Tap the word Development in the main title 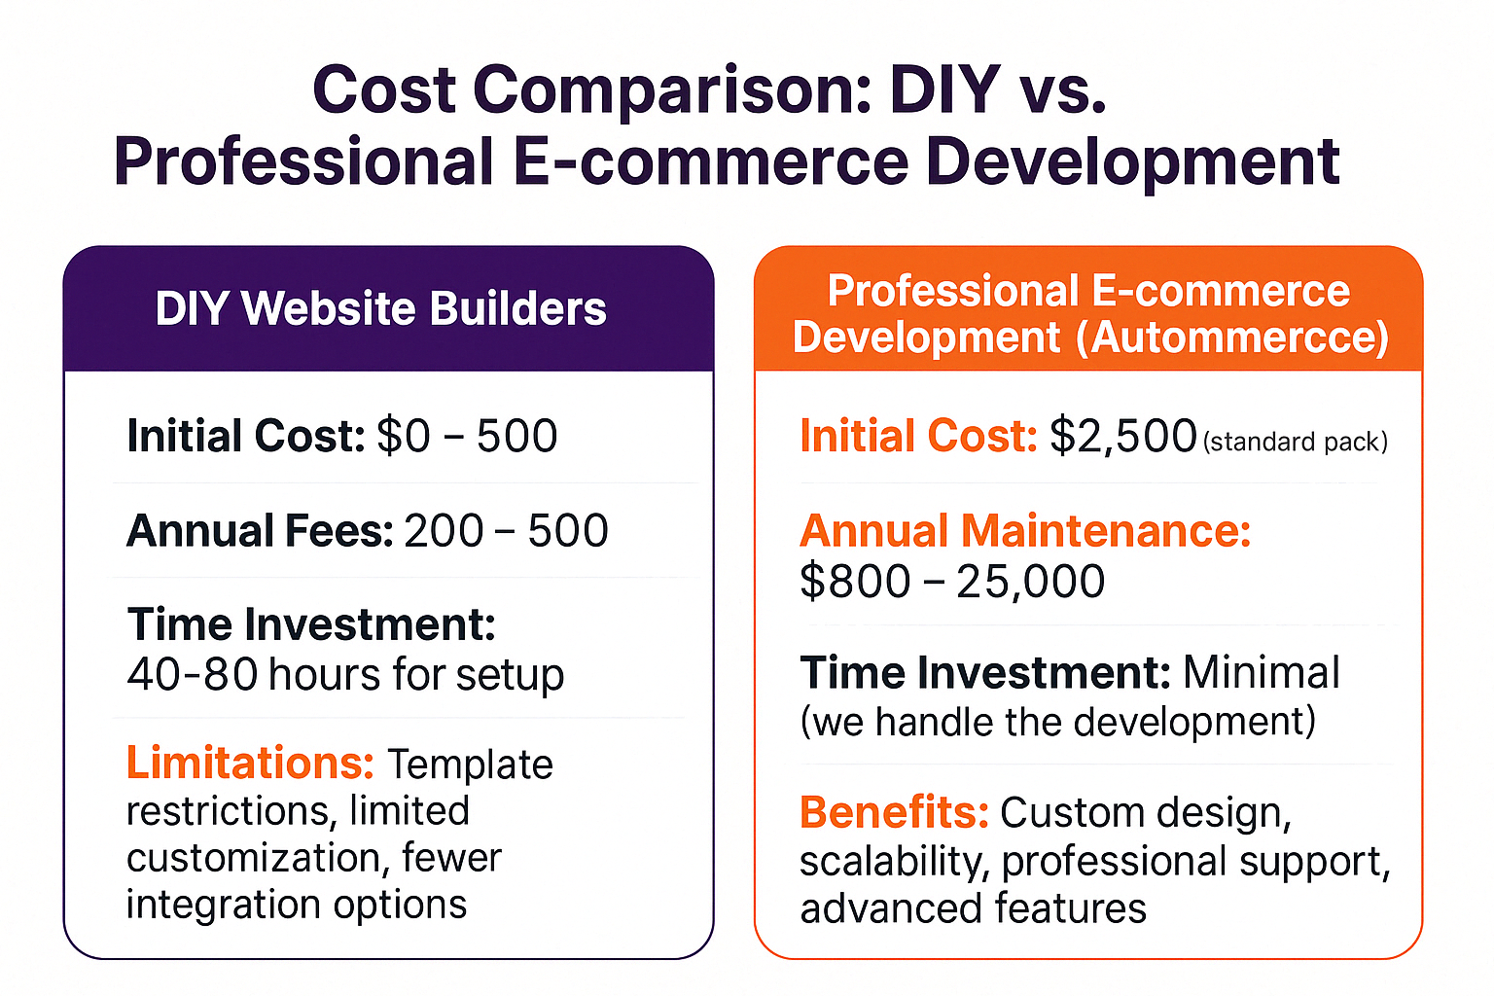[1132, 162]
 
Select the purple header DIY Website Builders [381, 309]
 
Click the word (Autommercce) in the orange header [1232, 338]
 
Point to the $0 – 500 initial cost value [467, 436]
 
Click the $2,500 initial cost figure [1123, 437]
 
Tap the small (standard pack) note [1296, 443]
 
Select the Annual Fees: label [260, 530]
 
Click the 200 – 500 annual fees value [506, 531]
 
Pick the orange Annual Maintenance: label [1025, 531]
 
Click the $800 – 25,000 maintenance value [952, 581]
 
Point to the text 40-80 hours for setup [345, 675]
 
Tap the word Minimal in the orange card [1261, 672]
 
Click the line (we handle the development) [1058, 722]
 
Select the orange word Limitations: [250, 763]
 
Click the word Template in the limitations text [470, 765]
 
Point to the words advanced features [973, 908]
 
